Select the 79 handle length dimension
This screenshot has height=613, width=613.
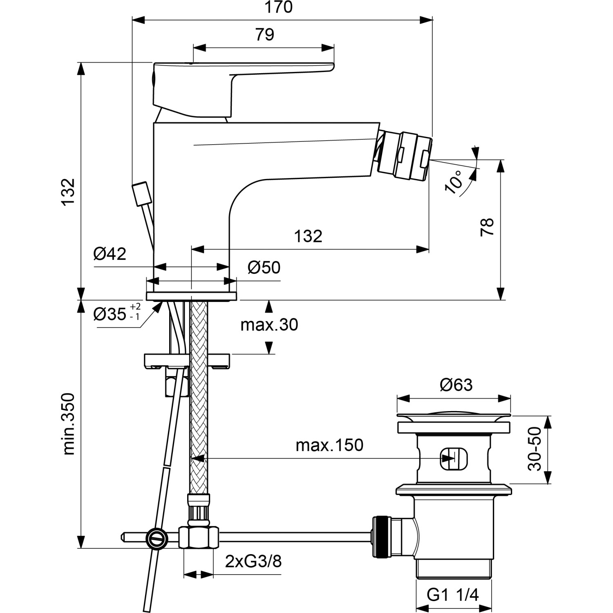(264, 35)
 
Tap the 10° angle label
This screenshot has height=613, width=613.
(454, 182)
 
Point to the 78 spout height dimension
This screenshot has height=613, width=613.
(488, 227)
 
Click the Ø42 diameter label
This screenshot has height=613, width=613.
(110, 254)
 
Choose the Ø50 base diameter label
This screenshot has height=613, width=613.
(264, 268)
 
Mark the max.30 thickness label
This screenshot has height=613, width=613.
(269, 325)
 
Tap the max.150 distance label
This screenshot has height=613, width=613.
(329, 445)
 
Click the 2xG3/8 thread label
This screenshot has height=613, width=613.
(253, 562)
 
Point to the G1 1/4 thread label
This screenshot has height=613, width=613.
(453, 595)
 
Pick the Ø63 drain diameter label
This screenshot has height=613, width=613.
(456, 385)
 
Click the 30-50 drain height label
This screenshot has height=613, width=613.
(535, 449)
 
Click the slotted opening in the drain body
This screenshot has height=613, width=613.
(454, 459)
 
